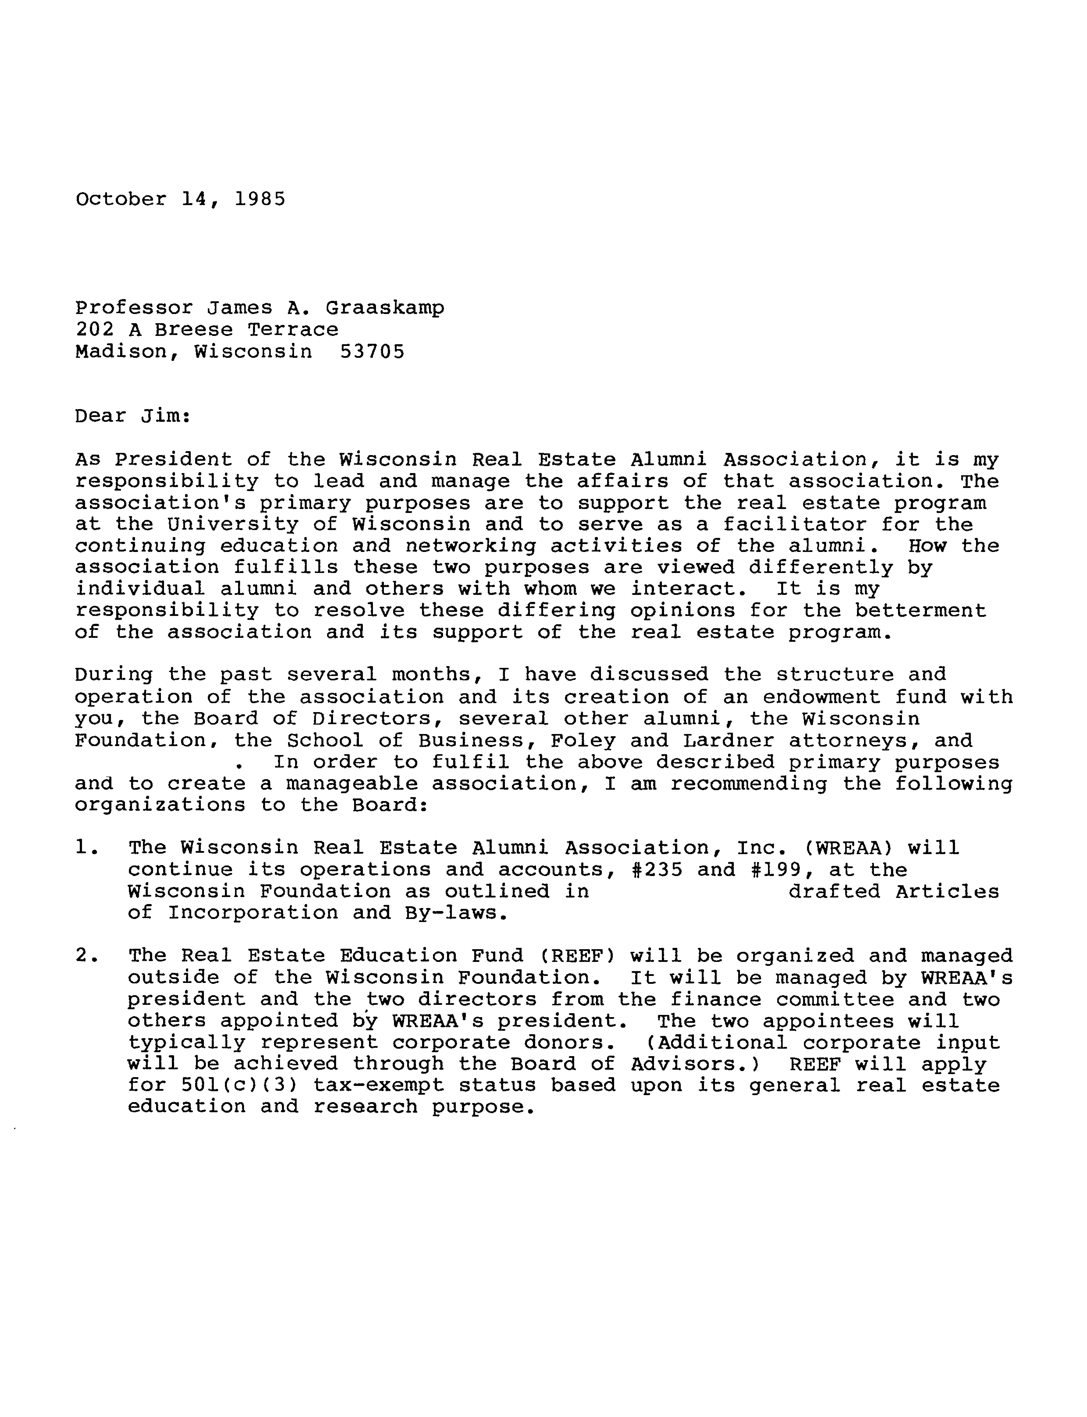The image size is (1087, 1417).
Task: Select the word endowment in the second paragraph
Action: pos(822,697)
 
